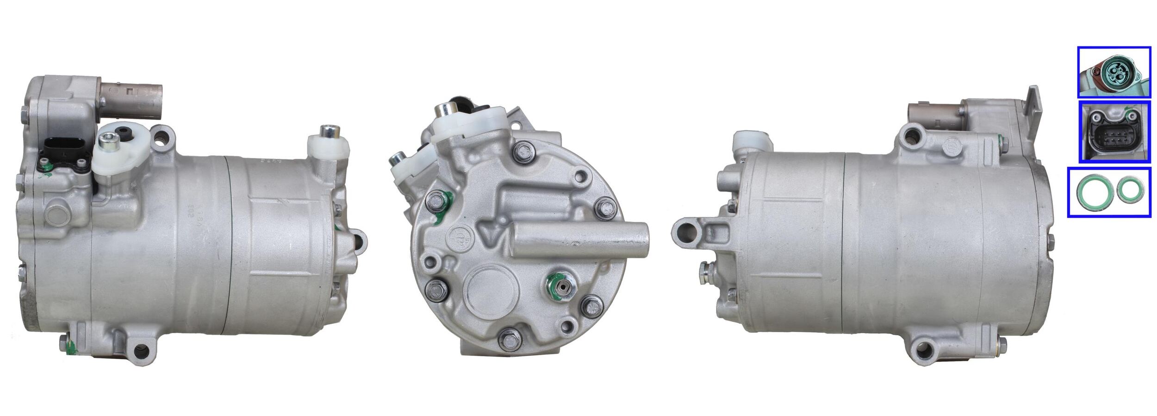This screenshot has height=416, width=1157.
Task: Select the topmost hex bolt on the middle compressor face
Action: (x=524, y=151)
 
